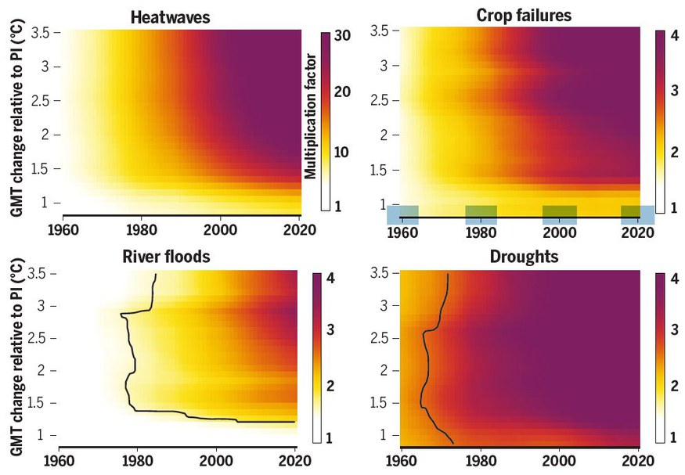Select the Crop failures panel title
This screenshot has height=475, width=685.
pos(524,15)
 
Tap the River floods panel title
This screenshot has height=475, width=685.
pos(166,257)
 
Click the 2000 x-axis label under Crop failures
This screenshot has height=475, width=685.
pos(559,234)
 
